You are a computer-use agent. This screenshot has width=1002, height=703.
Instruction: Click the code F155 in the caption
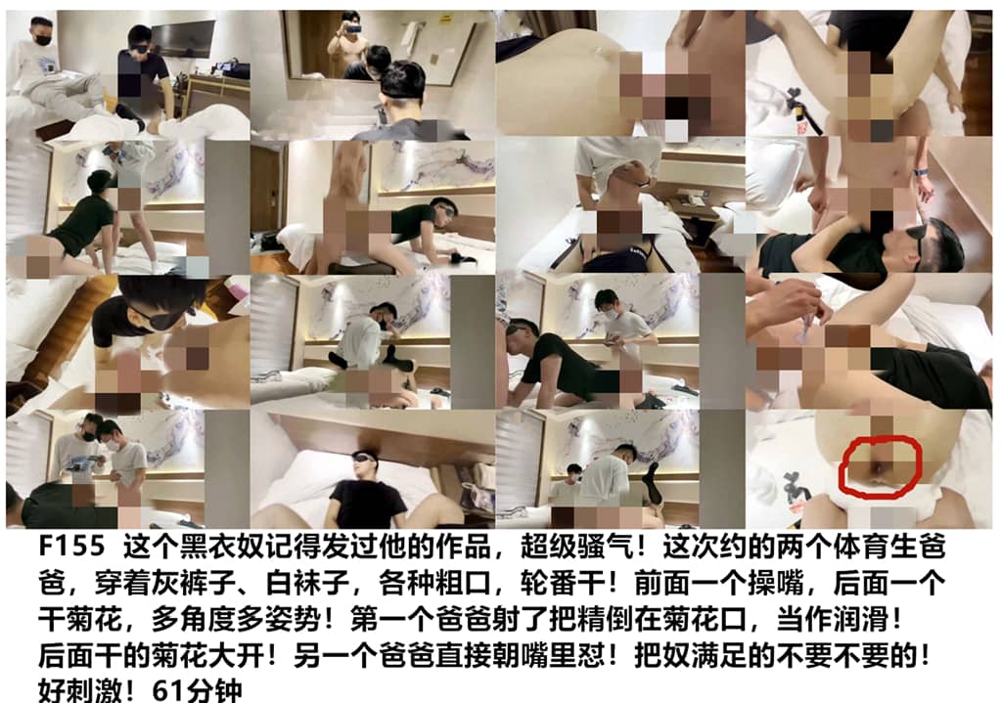tap(71, 546)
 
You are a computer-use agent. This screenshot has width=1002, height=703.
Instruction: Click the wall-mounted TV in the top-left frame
tap(183, 38)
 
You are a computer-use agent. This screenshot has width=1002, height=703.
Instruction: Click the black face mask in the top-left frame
tap(42, 39)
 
